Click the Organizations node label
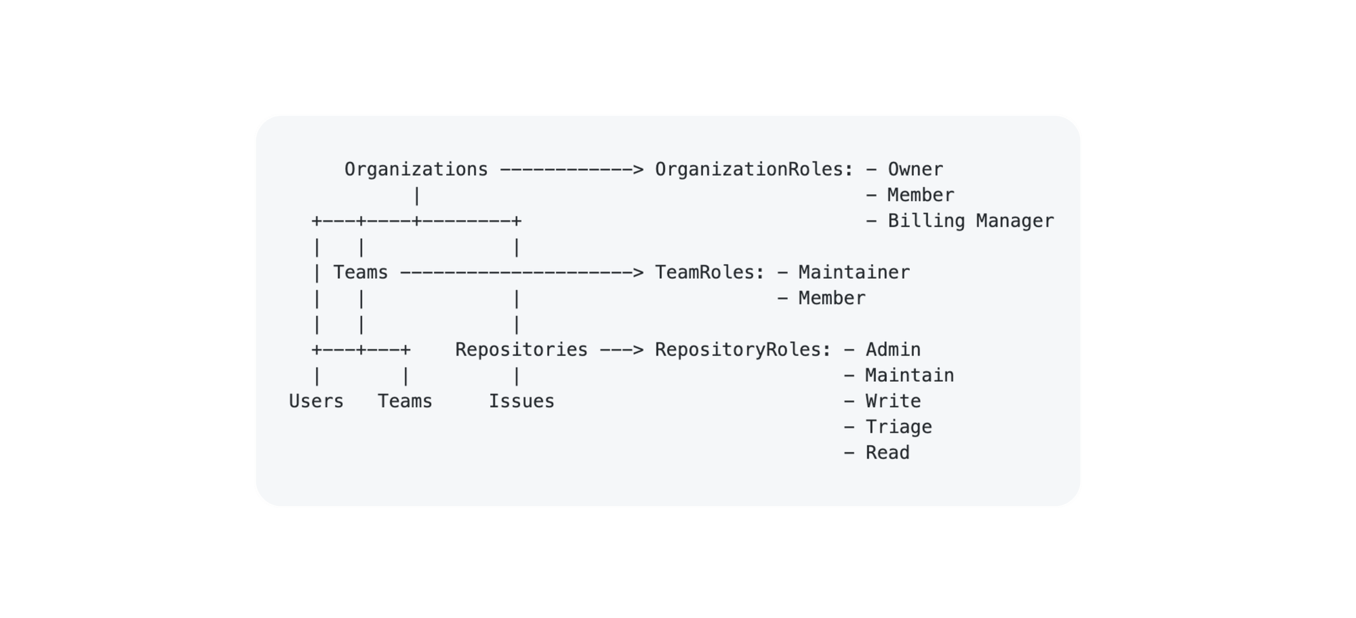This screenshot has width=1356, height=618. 416,170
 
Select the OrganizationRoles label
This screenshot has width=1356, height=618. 753,170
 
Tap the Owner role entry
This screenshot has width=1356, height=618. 915,170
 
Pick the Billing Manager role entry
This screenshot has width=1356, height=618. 970,221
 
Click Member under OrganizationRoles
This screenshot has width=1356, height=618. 920,195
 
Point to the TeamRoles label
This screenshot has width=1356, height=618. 709,273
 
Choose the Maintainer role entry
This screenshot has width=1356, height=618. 854,273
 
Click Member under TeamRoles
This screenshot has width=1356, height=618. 831,298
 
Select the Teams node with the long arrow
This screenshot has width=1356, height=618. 360,273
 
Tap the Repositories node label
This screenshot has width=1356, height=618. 521,350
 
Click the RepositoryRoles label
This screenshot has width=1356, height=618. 742,350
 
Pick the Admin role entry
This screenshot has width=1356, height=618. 892,350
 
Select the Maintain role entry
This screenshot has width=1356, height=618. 909,376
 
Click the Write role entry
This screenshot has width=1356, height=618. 892,402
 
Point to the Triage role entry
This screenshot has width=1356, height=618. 898,427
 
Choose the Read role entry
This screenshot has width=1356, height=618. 887,453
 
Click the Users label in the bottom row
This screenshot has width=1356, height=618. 316,402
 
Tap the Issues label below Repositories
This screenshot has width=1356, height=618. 521,402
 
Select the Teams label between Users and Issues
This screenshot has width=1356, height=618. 405,402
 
